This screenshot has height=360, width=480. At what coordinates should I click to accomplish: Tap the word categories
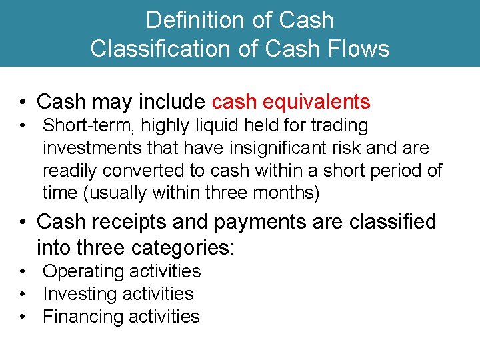coord(183,249)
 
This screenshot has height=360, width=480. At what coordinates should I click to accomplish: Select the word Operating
coord(84,271)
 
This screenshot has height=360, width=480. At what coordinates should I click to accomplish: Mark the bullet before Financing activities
coord(23,317)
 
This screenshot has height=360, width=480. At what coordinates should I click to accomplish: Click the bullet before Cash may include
coord(23,102)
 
